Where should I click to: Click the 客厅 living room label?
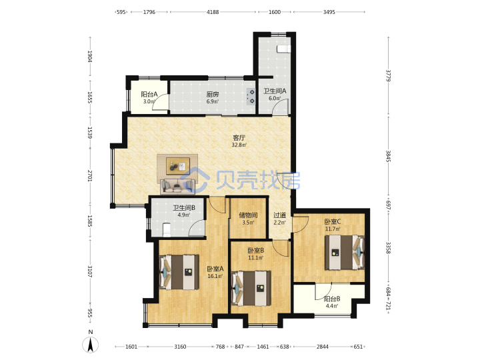[239, 138]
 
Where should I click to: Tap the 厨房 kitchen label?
[213, 94]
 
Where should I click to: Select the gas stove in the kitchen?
[251, 97]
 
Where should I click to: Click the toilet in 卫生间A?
[283, 49]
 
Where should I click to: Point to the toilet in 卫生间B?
[167, 229]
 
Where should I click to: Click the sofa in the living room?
[177, 186]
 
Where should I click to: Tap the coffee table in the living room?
[177, 165]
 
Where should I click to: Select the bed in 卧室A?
[179, 272]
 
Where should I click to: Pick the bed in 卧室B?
[251, 288]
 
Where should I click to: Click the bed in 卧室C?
[345, 252]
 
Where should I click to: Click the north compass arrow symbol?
[90, 345]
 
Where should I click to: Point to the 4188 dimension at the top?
[213, 12]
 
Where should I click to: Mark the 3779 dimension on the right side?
[388, 75]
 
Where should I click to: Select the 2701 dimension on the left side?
[90, 176]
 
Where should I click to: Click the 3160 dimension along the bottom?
[180, 347]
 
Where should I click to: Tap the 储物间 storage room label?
[248, 215]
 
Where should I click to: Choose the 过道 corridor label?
[279, 215]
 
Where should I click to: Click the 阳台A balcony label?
[149, 94]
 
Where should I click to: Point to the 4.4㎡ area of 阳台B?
[332, 306]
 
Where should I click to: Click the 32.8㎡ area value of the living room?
[239, 145]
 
